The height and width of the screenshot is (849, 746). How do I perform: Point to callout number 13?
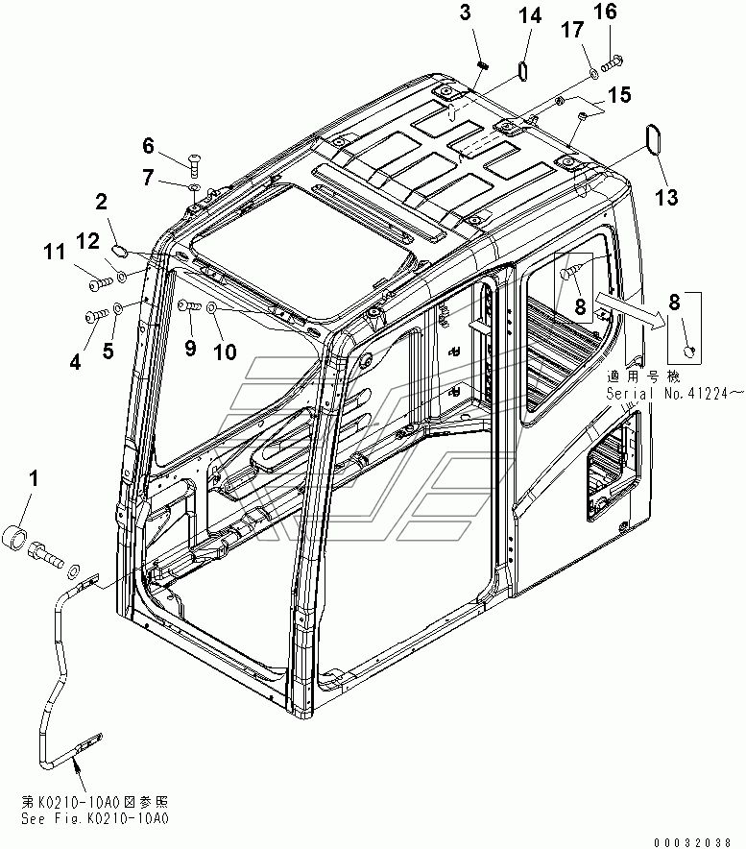coord(665,197)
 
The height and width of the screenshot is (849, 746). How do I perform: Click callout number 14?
coord(531,16)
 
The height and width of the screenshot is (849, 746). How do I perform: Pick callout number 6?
coord(148,146)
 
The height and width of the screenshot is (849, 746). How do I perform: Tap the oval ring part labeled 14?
coord(523,72)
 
